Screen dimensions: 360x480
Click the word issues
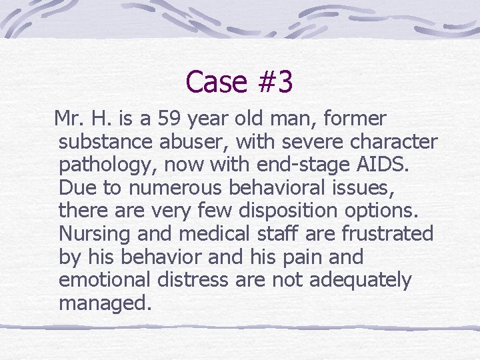click(365, 188)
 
